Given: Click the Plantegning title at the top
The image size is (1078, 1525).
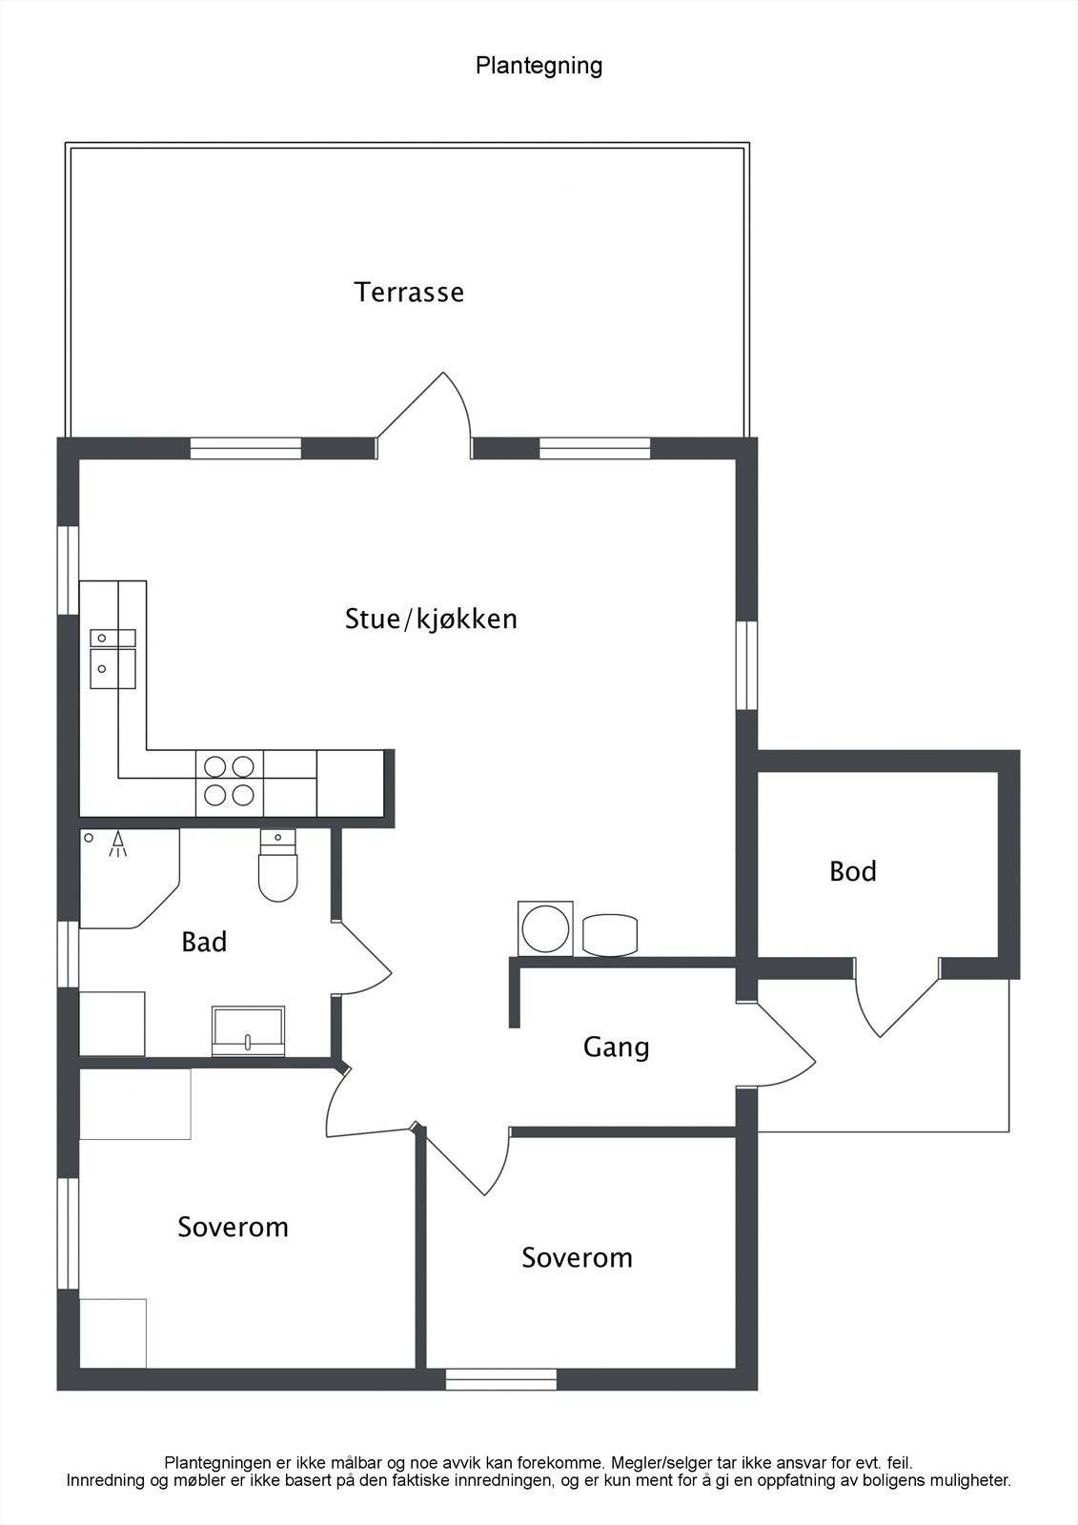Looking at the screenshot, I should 539,66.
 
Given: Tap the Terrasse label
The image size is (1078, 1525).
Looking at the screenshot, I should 409,292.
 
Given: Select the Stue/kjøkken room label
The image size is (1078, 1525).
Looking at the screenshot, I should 431,619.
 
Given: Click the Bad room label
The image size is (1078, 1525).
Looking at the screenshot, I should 204,942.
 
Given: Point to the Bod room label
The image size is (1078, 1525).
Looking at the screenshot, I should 852,871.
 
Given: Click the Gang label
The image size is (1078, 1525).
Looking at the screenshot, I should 616,1047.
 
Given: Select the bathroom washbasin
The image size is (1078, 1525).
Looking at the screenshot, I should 248,1031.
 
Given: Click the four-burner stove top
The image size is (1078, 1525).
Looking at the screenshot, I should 230,781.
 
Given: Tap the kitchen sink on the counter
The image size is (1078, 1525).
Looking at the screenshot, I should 112,658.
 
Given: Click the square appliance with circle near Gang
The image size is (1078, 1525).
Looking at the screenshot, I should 545,927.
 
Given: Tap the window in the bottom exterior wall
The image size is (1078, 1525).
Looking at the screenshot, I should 501,1379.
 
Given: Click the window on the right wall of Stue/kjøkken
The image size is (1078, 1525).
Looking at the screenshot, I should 746,664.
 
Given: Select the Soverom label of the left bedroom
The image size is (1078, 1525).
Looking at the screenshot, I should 233,1227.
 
